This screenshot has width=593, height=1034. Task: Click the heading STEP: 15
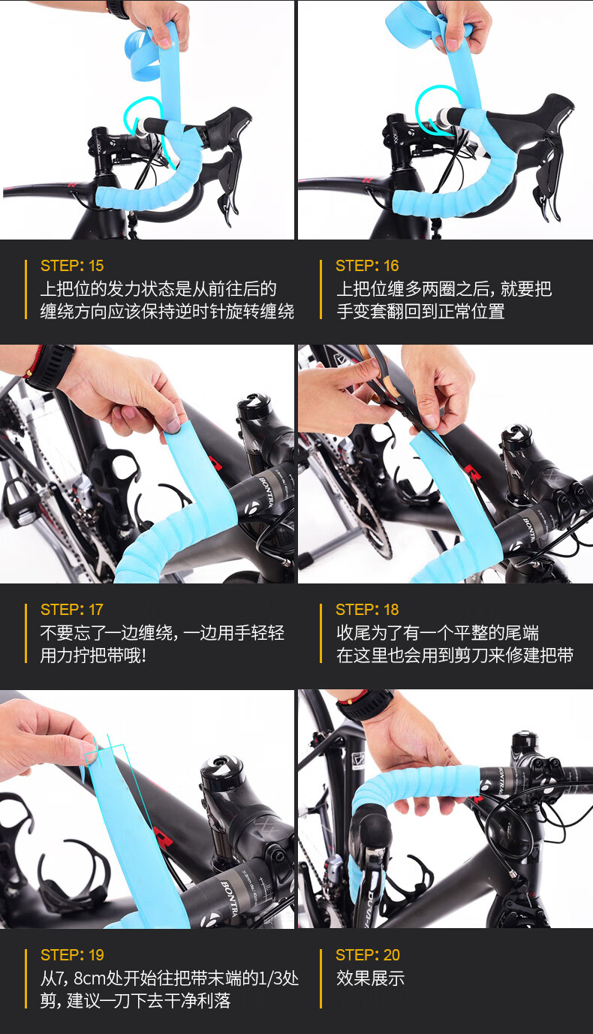coord(72,266)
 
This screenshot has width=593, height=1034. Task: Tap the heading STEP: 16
coord(367,266)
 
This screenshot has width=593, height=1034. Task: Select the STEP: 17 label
coord(72,610)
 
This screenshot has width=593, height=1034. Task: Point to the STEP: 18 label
coord(367,610)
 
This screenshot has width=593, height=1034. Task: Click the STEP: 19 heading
coord(72,955)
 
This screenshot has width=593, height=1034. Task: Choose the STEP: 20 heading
coord(367,955)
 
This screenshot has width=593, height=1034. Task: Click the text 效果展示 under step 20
coord(370,978)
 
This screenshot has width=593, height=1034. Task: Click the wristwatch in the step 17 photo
coord(51,367)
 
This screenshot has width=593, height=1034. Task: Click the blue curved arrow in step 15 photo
coord(143,127)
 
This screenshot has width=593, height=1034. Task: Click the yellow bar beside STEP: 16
coord(321,289)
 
